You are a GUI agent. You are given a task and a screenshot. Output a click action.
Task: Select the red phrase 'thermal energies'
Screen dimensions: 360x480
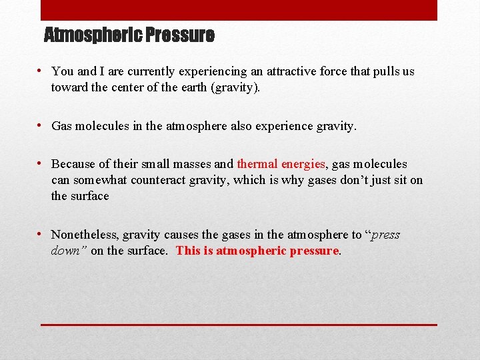(x=281, y=164)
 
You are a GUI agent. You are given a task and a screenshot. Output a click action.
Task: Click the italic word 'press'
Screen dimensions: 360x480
(x=385, y=235)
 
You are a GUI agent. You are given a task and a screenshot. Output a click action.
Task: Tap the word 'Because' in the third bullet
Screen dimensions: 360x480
(x=73, y=164)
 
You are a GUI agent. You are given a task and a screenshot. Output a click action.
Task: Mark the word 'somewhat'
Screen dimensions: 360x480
(x=103, y=180)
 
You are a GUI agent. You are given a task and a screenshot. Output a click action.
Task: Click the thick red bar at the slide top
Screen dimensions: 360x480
(x=239, y=10)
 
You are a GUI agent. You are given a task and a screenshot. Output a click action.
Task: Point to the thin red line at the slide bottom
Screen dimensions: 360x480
(x=239, y=325)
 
